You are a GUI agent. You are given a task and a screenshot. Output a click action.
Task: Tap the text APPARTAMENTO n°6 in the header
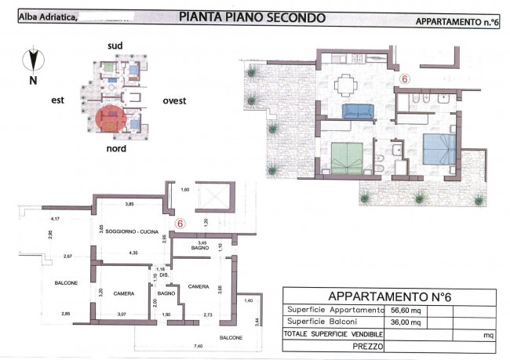[x=458, y=24]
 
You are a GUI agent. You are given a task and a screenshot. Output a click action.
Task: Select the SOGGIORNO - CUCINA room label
[x=129, y=234]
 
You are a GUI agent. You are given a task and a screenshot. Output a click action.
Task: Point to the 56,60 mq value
[x=404, y=309]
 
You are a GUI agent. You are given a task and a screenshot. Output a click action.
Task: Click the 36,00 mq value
[x=404, y=321]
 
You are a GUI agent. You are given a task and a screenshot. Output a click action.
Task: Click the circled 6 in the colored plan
[x=405, y=79]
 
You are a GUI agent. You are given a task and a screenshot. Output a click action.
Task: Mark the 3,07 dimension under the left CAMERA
[x=121, y=315]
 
